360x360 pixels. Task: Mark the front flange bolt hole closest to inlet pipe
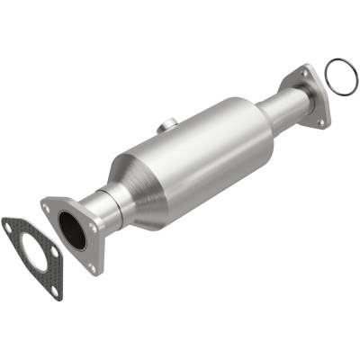coord(95,229)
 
